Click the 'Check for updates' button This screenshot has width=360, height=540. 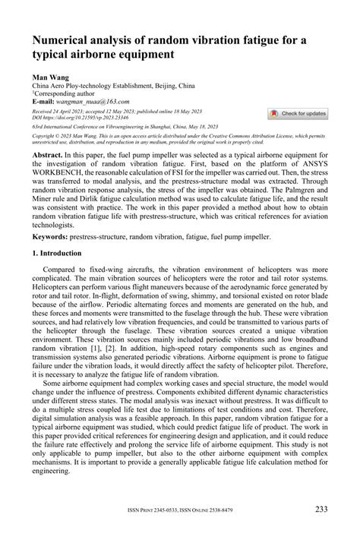[298, 113]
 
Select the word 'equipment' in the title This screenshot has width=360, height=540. [146, 55]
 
